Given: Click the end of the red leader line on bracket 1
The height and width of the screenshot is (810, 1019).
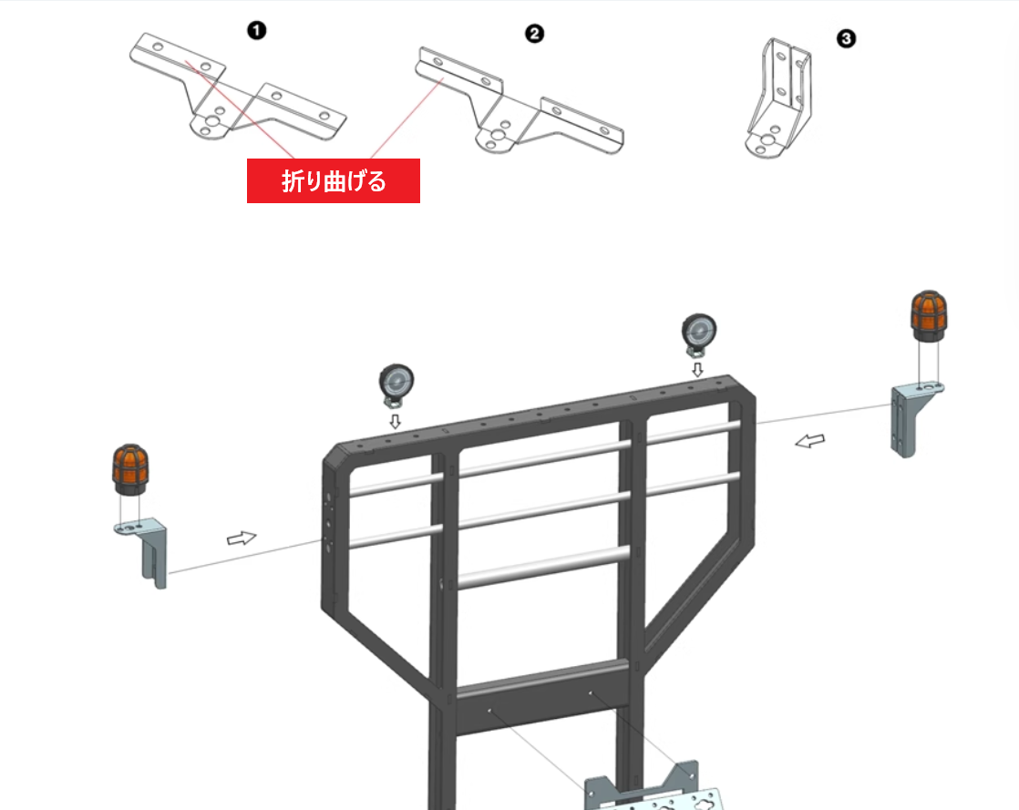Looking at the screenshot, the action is pos(186,62).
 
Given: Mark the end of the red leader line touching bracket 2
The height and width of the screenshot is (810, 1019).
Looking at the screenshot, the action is pos(443,79).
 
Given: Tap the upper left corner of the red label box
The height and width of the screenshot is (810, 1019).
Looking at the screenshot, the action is pos(247,159).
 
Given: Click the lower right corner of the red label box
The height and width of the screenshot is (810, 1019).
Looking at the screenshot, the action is pos(420,203).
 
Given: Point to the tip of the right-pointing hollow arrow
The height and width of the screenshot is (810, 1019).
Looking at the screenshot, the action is pos(257,536).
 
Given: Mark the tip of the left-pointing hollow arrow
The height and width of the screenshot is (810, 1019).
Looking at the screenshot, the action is pos(796,444).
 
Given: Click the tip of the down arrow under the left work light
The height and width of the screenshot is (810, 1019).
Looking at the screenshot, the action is pos(396,429).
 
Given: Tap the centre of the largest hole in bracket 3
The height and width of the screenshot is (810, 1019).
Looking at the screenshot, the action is pos(768,139).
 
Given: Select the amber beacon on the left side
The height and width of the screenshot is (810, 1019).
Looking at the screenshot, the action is pos(130,469).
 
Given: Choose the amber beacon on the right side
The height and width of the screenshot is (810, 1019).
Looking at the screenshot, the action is pos(929,316).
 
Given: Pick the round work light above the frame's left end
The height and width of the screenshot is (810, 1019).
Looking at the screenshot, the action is pos(396,385).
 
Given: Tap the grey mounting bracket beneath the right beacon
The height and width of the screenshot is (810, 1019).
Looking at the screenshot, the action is pos(915,420).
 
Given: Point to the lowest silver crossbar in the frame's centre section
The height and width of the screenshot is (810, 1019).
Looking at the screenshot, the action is pos(544,567).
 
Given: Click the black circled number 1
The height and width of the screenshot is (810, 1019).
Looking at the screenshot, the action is pos(257,31).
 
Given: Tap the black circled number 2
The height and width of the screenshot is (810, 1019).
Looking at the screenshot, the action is pos(534,34).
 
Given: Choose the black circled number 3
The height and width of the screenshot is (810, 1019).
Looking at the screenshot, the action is pos(846,39).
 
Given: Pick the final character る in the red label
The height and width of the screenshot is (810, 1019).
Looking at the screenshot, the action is pos(376,181).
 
